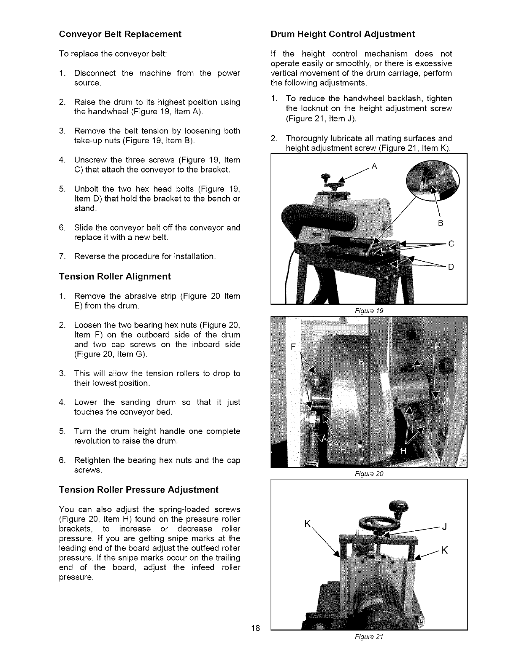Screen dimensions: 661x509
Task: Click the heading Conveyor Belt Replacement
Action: point(120,34)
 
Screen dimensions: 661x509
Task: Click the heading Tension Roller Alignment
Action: point(115,276)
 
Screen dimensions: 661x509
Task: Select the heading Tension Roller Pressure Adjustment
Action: point(139,490)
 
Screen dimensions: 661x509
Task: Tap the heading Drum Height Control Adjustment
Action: point(342,34)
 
